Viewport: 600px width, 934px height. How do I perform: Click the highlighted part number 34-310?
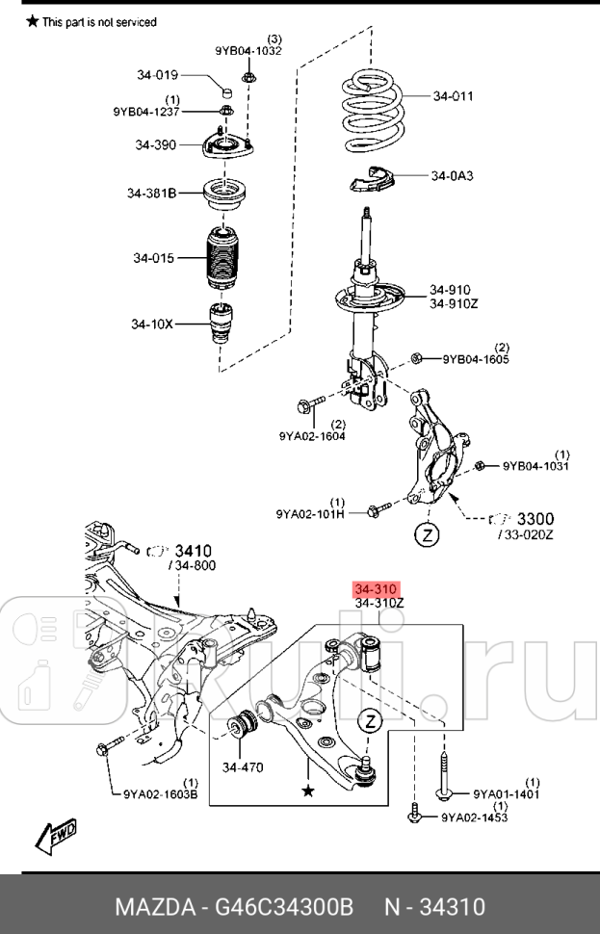pyautogui.click(x=376, y=589)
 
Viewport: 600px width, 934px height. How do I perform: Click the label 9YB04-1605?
pyautogui.click(x=476, y=360)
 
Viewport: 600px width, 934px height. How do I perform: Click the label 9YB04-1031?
pyautogui.click(x=535, y=466)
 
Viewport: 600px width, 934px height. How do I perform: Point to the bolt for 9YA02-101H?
pyautogui.click(x=379, y=507)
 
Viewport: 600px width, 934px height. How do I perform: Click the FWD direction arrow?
pyautogui.click(x=56, y=836)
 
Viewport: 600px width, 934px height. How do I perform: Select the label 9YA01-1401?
pyautogui.click(x=506, y=794)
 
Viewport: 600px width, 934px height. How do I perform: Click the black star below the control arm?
pyautogui.click(x=308, y=790)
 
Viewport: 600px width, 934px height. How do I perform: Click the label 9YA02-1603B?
pyautogui.click(x=160, y=794)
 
